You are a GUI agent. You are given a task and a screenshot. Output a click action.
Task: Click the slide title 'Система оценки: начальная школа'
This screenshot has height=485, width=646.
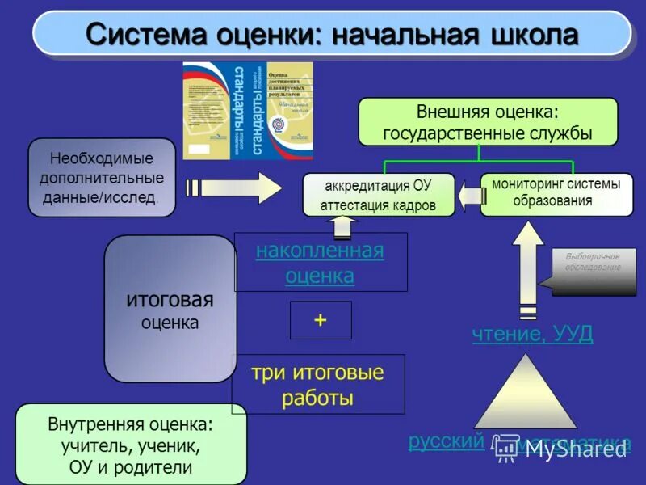(332, 35)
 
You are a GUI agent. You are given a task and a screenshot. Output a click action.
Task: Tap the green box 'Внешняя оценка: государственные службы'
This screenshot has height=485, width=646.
(488, 121)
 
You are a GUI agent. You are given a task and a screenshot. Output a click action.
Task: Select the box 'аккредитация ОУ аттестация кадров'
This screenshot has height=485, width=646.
(378, 195)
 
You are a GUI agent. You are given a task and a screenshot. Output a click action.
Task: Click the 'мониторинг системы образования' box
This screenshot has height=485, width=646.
(556, 193)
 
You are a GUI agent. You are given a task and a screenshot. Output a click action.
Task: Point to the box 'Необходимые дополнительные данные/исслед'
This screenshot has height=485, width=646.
(102, 177)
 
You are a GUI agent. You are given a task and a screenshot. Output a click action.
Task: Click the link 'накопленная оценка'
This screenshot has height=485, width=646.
(320, 263)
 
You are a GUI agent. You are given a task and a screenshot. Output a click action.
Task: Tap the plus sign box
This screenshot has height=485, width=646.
(321, 320)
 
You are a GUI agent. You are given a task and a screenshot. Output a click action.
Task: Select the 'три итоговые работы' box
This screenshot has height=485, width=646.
(317, 385)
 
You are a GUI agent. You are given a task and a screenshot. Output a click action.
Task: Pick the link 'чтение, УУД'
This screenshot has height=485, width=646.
(533, 333)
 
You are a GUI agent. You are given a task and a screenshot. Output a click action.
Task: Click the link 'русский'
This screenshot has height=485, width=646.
(446, 441)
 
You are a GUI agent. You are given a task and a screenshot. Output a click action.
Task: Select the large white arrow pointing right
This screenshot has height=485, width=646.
(234, 188)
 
